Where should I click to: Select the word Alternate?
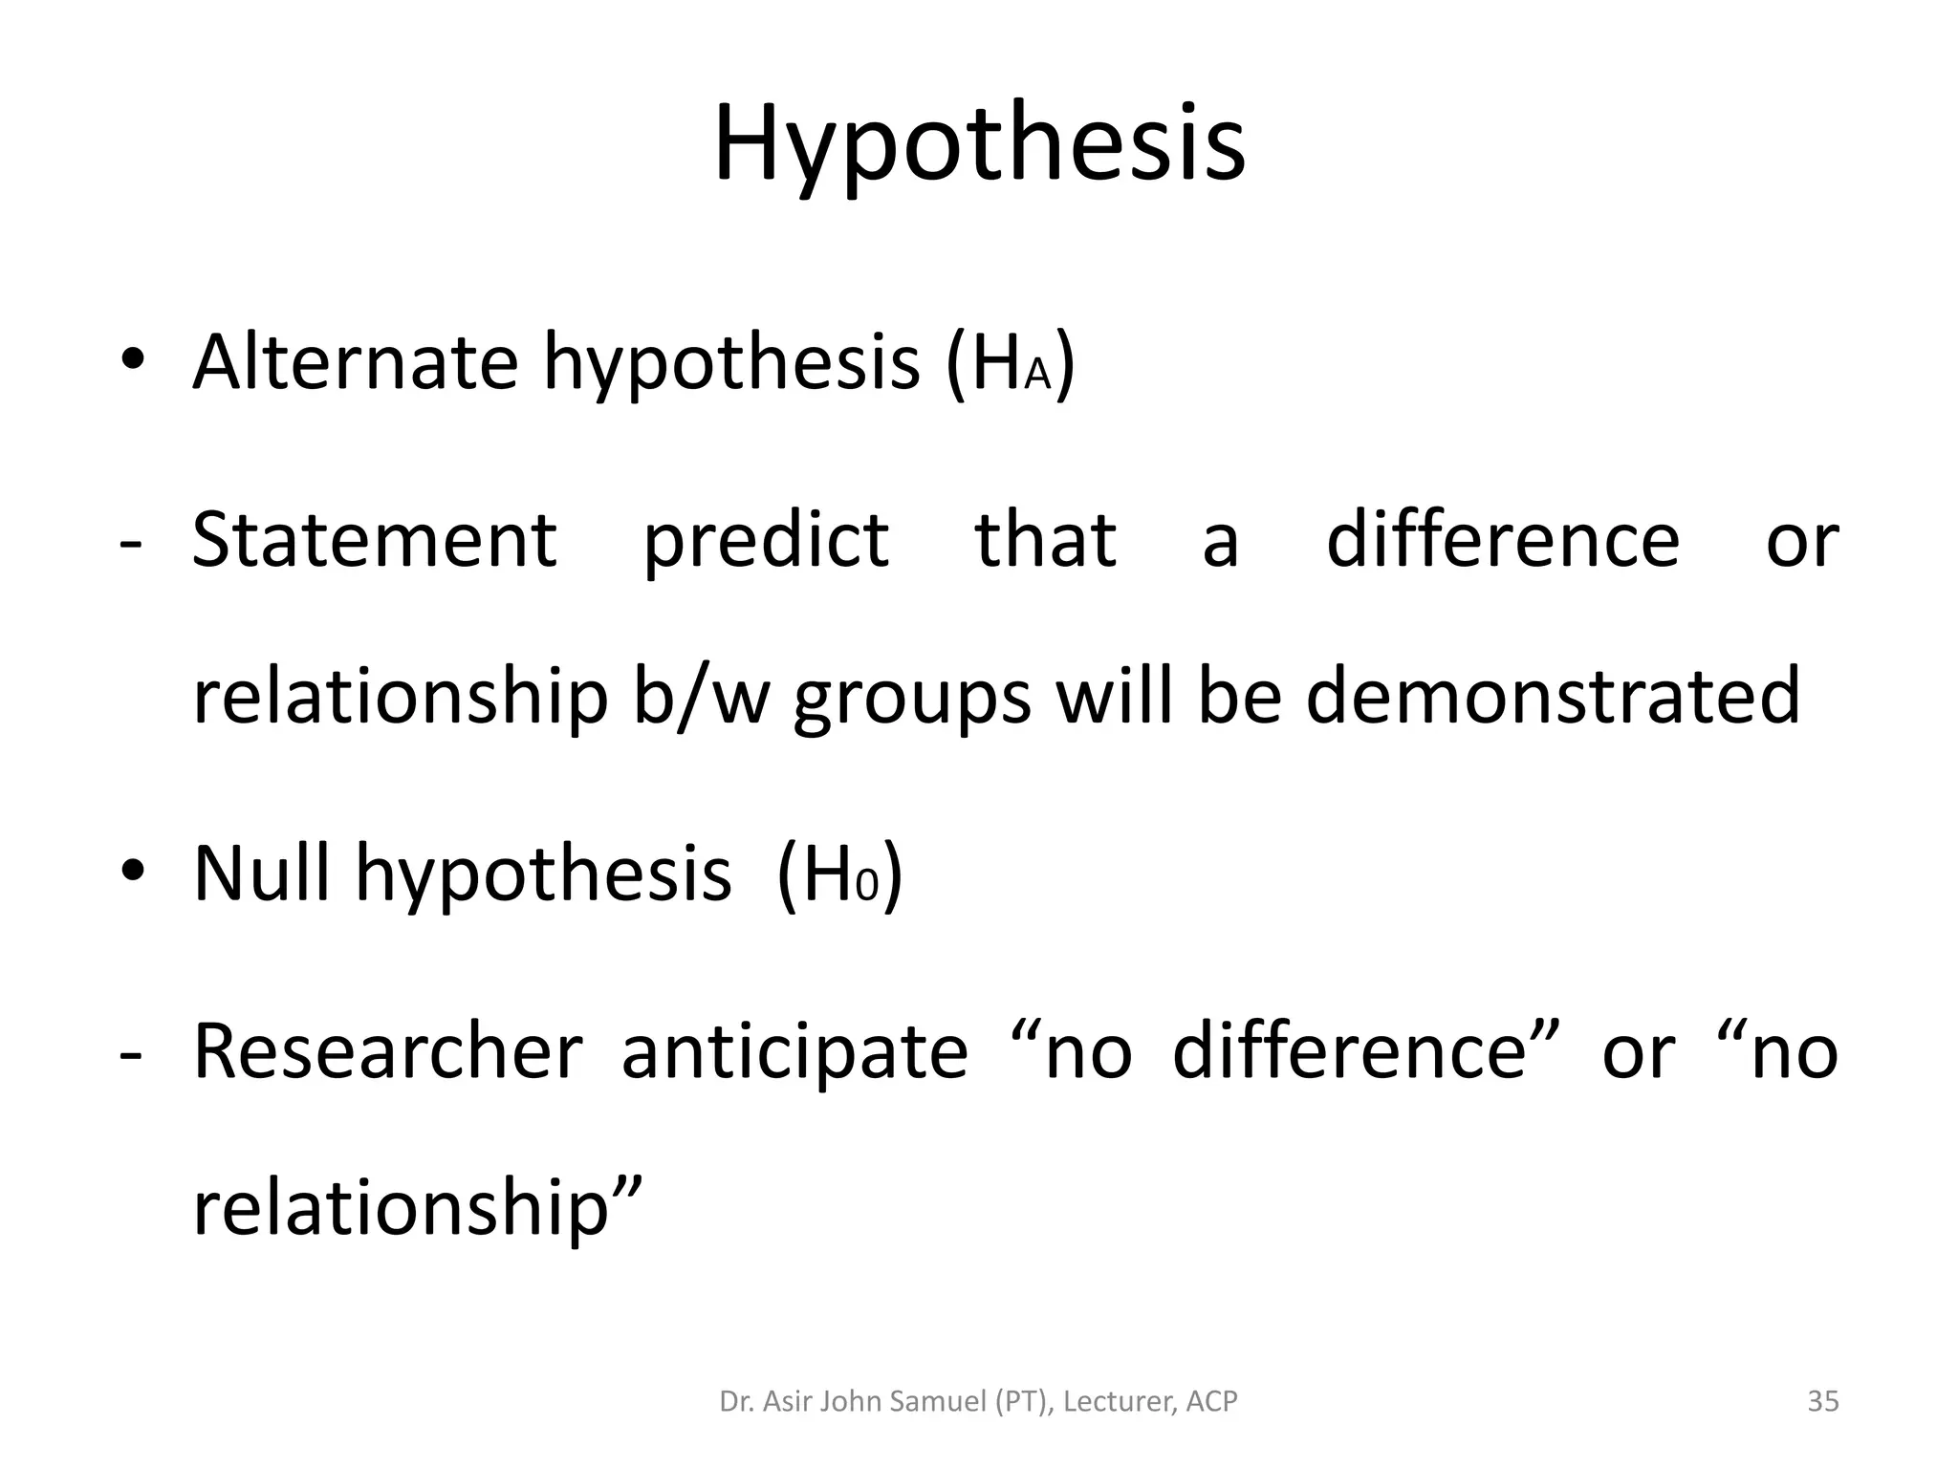coord(356,363)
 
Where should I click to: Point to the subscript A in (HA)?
coord(1037,377)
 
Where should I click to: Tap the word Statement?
coord(374,540)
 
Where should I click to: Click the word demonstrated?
coord(1554,698)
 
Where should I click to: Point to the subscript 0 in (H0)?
coord(866,887)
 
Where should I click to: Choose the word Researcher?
coord(387,1052)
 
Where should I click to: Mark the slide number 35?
coord(1823,1402)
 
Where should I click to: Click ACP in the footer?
coord(1211,1402)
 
